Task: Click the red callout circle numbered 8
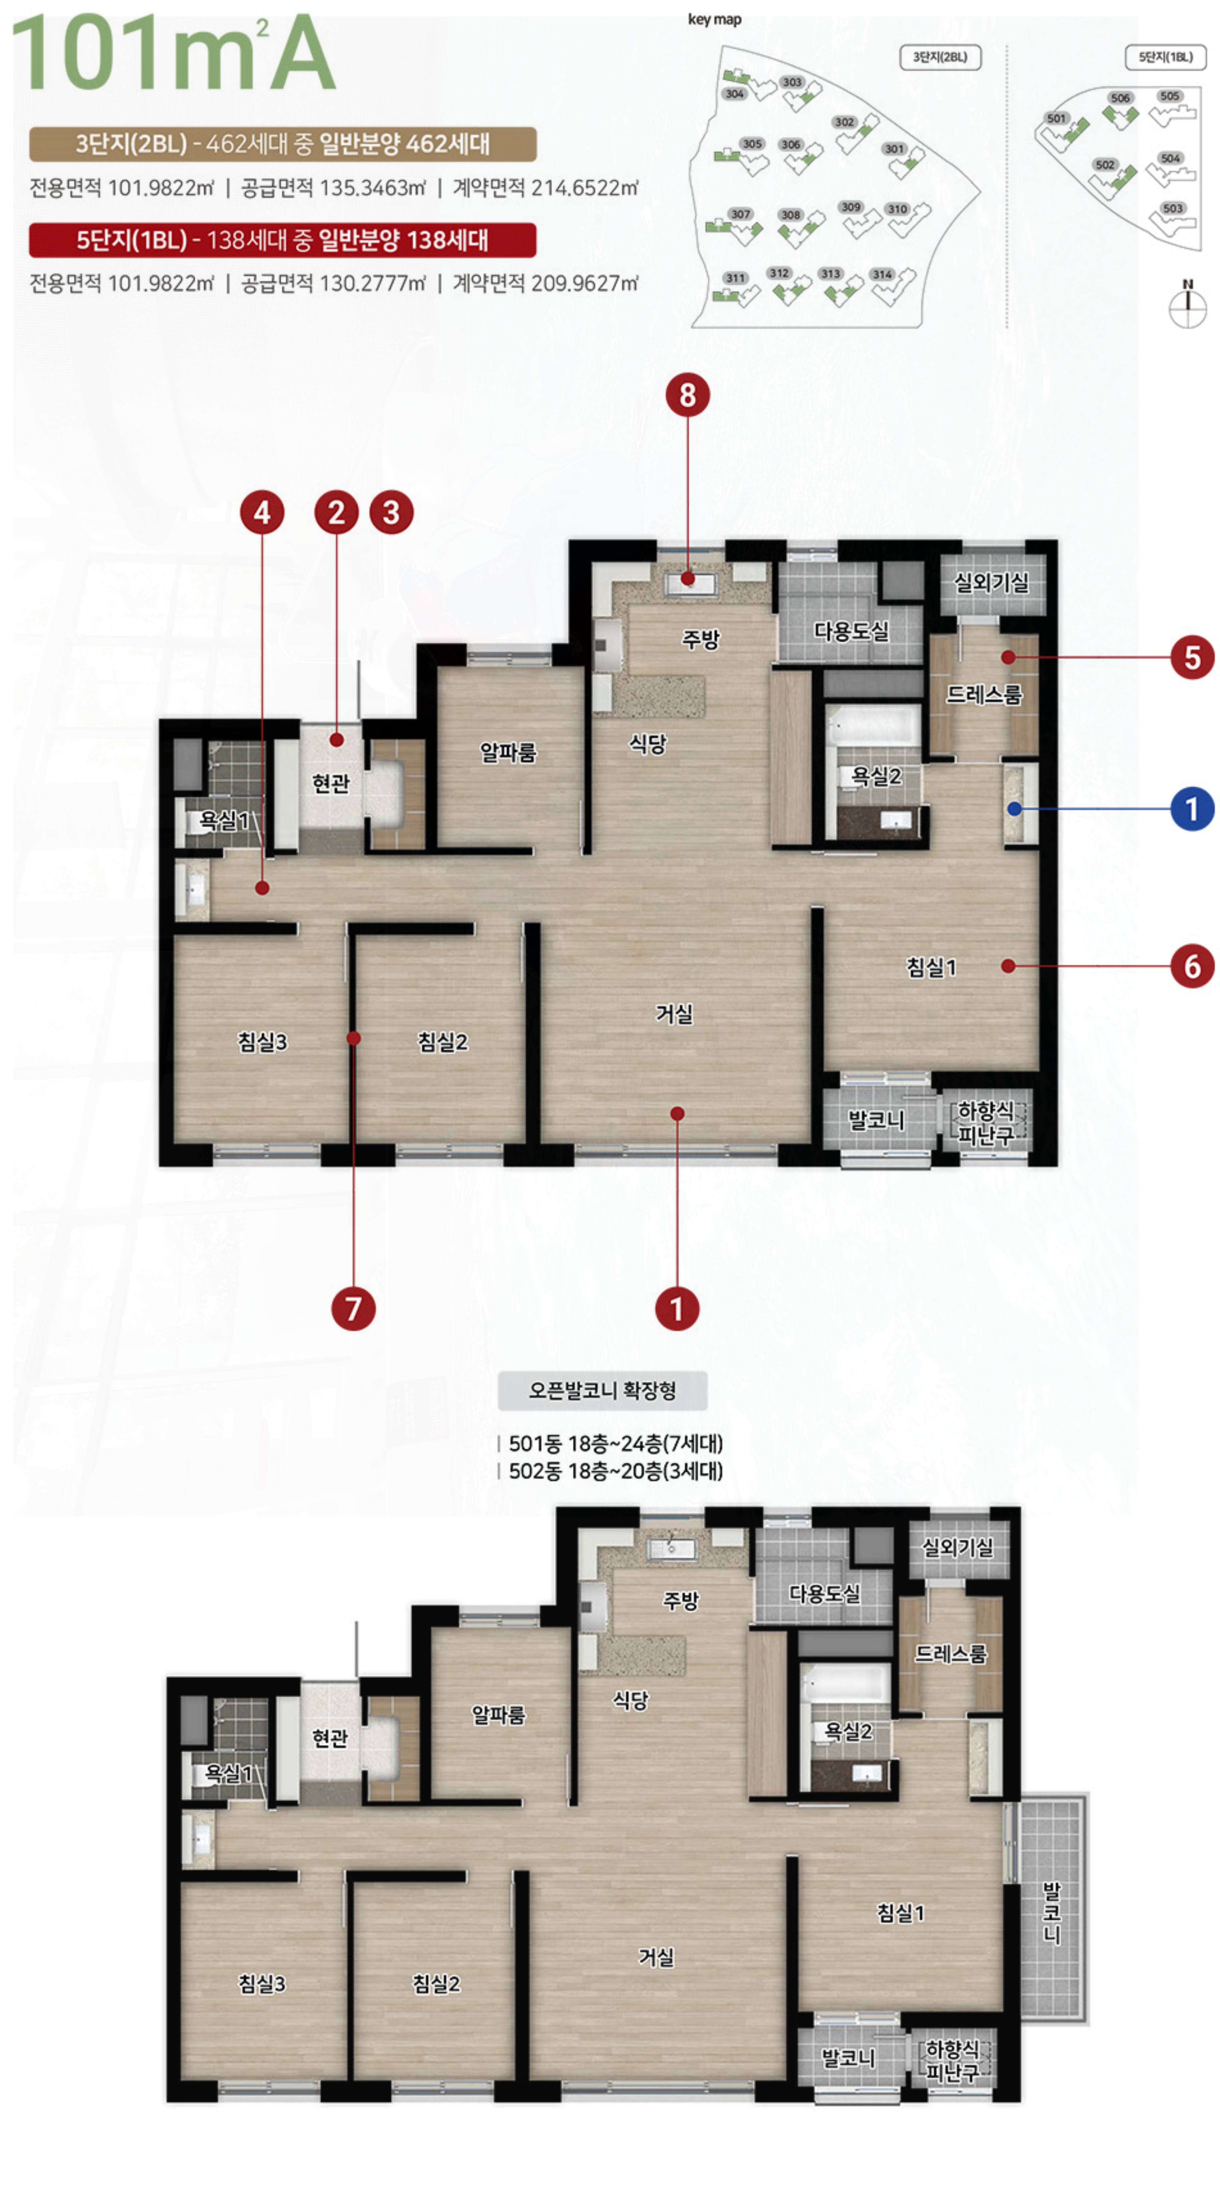(687, 395)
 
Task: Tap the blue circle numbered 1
(1191, 809)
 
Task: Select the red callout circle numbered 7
(353, 1308)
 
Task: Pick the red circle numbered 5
(1191, 656)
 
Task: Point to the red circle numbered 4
(262, 512)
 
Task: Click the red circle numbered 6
(1191, 966)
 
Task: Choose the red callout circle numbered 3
(390, 512)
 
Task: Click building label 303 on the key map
(791, 82)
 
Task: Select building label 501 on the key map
(1056, 118)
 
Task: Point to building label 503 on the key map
(1173, 208)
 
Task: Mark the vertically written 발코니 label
(1051, 1913)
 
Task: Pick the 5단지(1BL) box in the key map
(1165, 57)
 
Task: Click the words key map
(714, 20)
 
